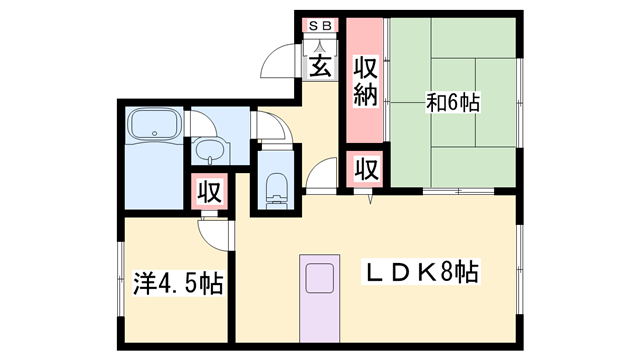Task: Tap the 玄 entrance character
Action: (x=320, y=67)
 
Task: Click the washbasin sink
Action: (x=210, y=151)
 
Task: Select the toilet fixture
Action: (x=276, y=187)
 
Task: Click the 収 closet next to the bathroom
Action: (x=209, y=190)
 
